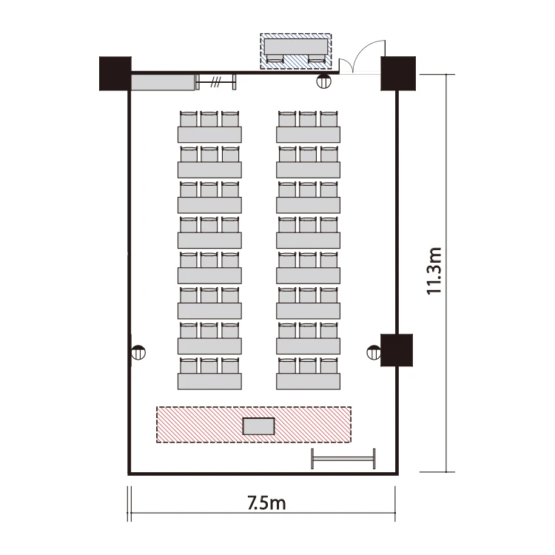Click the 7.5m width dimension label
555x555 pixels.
pos(266,503)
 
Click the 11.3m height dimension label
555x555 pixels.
pos(434,271)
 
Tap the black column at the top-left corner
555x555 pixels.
pos(115,73)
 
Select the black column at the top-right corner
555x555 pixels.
pos(398,73)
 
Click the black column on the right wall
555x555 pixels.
pos(397,350)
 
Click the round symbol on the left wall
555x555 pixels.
pos(138,352)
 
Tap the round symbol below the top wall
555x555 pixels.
pos(323,81)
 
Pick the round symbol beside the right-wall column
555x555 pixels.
pos(374,352)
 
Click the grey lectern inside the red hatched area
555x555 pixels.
pos(259,426)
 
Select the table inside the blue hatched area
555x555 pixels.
pos(295,47)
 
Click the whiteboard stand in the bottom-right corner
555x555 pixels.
pos(343,459)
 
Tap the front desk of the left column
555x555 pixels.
pos(209,382)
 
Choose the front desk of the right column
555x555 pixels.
pos(308,382)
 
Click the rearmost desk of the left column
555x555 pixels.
pos(209,135)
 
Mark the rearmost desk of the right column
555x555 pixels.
pos(308,135)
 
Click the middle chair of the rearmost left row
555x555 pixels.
pos(209,119)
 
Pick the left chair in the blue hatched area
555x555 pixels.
pos(275,58)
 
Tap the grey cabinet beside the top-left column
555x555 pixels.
pos(163,82)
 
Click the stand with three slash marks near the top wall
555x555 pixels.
pos(216,82)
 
